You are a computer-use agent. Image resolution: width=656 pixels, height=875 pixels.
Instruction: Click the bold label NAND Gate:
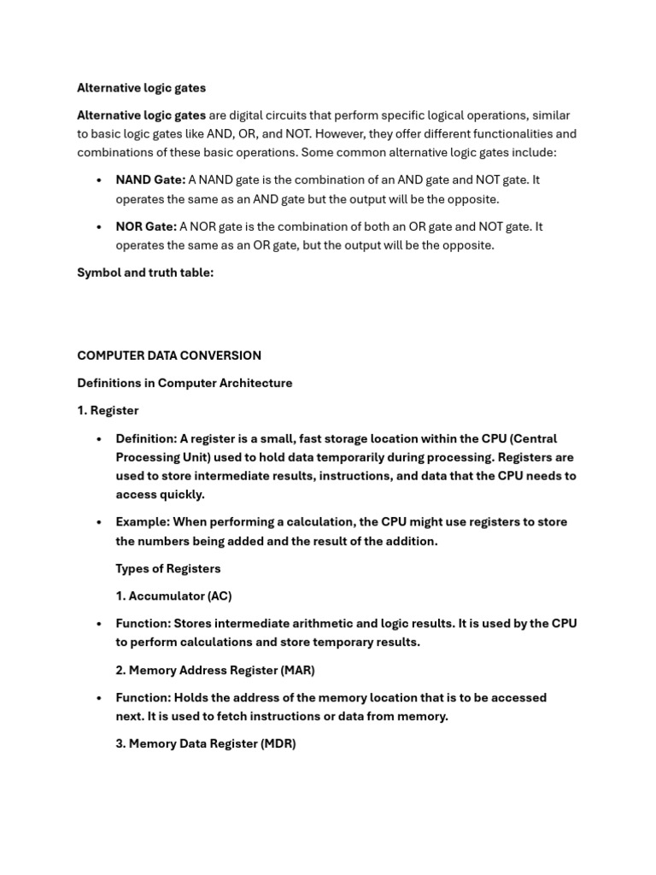tap(150, 180)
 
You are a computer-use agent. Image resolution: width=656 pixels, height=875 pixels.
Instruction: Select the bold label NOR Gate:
tap(146, 226)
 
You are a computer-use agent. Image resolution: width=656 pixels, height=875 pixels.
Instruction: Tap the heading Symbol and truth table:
tap(145, 273)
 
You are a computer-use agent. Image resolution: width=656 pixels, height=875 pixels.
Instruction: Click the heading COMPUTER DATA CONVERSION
tap(169, 355)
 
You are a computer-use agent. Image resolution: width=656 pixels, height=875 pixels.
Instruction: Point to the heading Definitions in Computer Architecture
tap(184, 383)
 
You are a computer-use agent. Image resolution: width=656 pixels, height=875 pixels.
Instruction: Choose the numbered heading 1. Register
tap(108, 410)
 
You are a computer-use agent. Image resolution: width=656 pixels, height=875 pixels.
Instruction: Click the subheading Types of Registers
tap(168, 568)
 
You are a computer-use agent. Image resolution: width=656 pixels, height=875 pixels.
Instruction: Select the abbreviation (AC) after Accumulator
tap(220, 596)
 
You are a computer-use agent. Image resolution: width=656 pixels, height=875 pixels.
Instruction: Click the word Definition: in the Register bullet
tap(146, 438)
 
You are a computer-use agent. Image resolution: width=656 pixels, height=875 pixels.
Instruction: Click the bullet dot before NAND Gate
tap(100, 180)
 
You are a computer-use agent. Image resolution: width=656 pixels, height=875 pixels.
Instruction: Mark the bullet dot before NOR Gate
tap(100, 226)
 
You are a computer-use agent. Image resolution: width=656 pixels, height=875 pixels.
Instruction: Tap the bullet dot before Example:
tap(100, 522)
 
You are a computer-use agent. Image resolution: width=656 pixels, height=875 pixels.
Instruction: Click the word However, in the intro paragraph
tap(341, 134)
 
